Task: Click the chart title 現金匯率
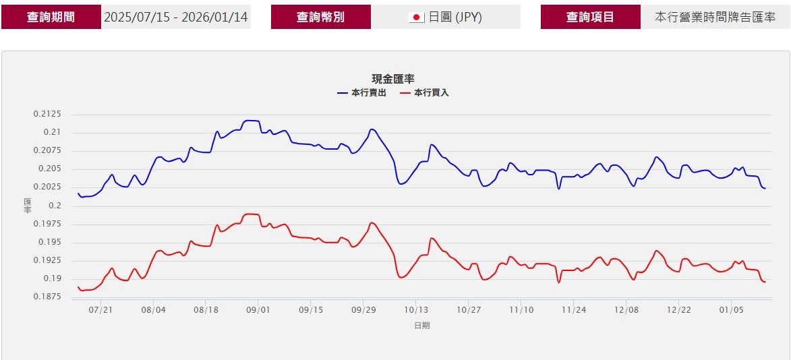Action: click(393, 80)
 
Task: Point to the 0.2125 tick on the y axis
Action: click(47, 114)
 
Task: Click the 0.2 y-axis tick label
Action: click(55, 206)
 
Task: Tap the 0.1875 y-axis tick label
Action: click(47, 297)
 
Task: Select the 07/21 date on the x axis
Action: click(100, 310)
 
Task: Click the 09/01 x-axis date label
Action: click(258, 310)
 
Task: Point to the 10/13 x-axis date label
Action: click(416, 310)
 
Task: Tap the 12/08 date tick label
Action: click(626, 310)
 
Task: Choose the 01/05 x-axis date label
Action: click(732, 310)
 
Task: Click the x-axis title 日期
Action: click(421, 326)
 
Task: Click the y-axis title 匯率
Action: click(28, 206)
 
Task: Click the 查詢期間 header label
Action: click(51, 18)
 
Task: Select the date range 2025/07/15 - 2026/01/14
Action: click(176, 18)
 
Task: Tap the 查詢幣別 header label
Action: click(320, 18)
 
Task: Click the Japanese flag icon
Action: click(417, 18)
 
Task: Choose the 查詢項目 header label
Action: click(590, 18)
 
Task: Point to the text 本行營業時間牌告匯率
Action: click(715, 18)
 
